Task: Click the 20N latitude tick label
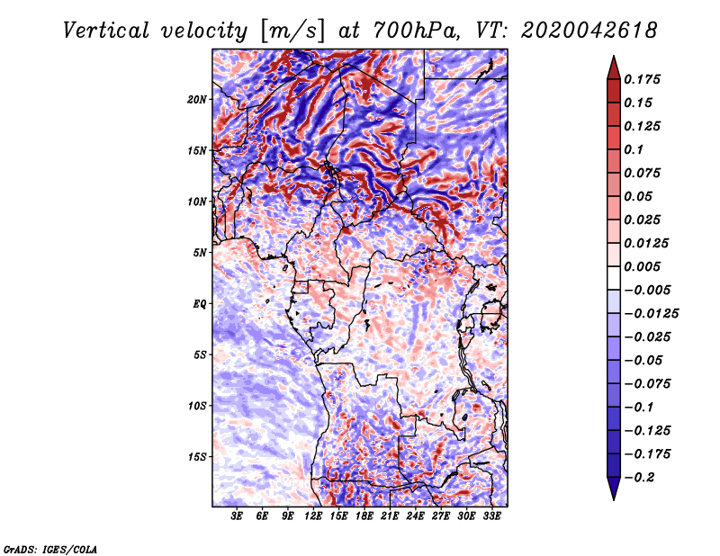click(x=197, y=99)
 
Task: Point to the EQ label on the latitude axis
click(x=200, y=304)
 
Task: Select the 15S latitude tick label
click(x=197, y=457)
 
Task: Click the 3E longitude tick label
click(x=238, y=516)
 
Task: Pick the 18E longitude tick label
click(x=364, y=516)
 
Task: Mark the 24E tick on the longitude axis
click(x=415, y=516)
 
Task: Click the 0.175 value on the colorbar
click(x=645, y=79)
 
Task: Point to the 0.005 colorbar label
click(x=645, y=266)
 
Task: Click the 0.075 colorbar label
click(x=645, y=173)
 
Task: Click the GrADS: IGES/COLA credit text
click(x=49, y=548)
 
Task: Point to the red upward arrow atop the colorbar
click(x=613, y=65)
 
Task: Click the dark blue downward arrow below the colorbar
click(x=613, y=489)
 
